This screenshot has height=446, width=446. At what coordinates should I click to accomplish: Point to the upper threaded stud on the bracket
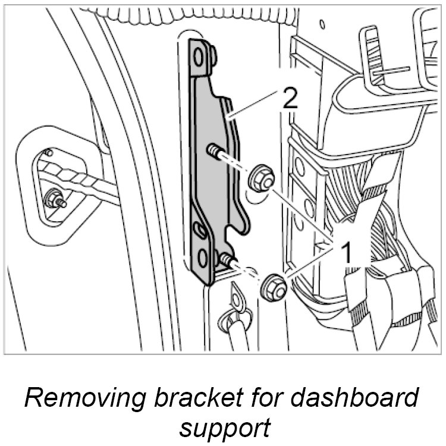tap(217, 153)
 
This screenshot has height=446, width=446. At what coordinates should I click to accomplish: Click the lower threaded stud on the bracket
tap(228, 260)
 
